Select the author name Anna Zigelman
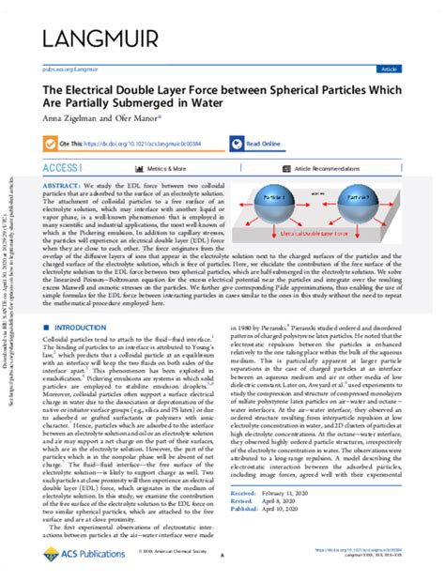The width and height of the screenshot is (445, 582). (68, 120)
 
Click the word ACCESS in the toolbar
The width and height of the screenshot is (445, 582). (62, 168)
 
